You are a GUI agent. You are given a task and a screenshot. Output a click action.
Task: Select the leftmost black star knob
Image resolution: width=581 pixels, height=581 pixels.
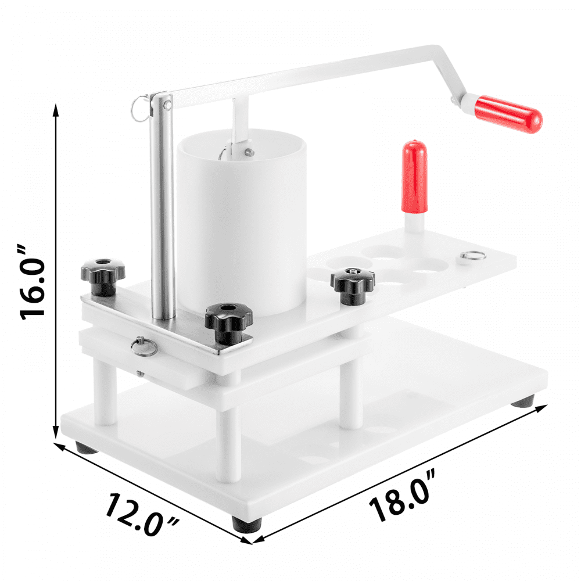(102, 275)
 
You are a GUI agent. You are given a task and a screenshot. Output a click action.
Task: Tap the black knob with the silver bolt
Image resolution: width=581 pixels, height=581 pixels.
(353, 282)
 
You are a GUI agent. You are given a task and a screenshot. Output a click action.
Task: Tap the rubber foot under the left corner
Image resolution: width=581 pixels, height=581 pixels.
(85, 447)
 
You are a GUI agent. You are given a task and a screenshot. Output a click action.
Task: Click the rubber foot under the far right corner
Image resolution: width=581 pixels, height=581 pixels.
(523, 401)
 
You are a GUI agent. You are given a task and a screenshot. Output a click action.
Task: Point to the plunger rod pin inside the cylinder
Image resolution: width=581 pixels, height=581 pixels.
(249, 153)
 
